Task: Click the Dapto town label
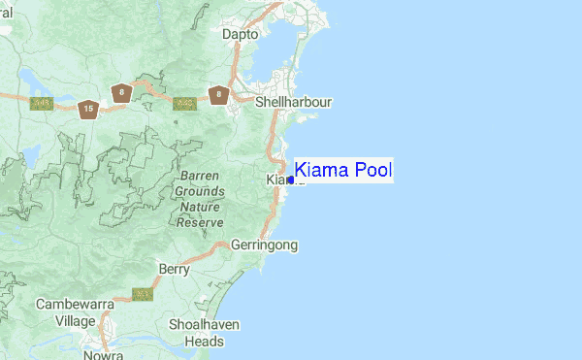coord(241,34)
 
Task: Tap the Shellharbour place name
coord(293,101)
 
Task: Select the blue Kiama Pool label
coord(342,171)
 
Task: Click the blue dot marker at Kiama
coord(291,180)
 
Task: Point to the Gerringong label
coord(264,245)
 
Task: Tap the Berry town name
coord(174,269)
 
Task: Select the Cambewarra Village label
coord(75,311)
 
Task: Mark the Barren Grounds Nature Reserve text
coord(200,199)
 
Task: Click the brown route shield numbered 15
coord(88,109)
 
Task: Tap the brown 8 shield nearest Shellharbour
coord(220,94)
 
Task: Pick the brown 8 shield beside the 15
coord(120,93)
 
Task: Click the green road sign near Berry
coord(143,293)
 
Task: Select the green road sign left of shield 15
coord(42,103)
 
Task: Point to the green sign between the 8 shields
coord(181,102)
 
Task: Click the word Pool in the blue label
coord(372,171)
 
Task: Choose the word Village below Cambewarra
coord(75,320)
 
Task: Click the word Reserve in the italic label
coord(200,221)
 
